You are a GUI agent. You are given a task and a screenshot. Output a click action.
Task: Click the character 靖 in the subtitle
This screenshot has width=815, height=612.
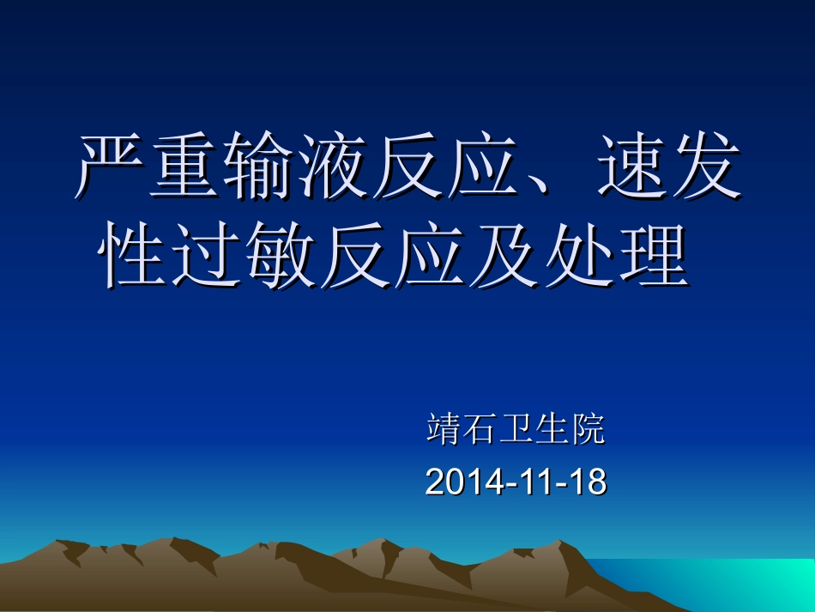tap(443, 429)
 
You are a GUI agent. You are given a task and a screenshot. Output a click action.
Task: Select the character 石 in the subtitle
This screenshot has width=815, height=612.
tap(479, 429)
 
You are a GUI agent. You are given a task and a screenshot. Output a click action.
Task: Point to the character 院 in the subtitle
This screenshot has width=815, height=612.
tap(589, 429)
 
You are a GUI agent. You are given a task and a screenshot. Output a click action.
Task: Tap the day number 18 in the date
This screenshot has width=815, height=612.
tap(588, 482)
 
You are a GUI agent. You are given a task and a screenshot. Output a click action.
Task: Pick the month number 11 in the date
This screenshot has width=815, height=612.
tap(532, 482)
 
